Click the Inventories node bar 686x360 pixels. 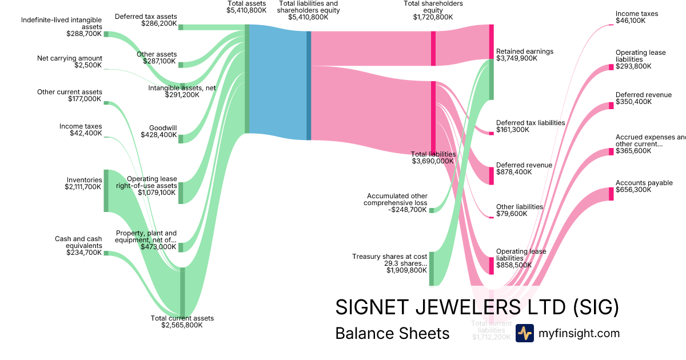pyautogui.click(x=106, y=190)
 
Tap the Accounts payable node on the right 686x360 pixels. pyautogui.click(x=611, y=194)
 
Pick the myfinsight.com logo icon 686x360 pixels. pyautogui.click(x=524, y=333)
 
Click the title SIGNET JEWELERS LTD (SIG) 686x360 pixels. pyautogui.click(x=477, y=307)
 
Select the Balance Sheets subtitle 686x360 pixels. pyautogui.click(x=392, y=333)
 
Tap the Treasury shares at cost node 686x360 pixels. pyautogui.click(x=432, y=268)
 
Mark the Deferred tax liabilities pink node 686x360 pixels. pyautogui.click(x=491, y=133)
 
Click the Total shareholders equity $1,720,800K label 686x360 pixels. pyautogui.click(x=433, y=10)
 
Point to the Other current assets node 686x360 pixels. pyautogui.click(x=106, y=103)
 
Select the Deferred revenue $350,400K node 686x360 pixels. pyautogui.click(x=611, y=106)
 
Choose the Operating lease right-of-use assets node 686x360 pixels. pyautogui.click(x=181, y=193)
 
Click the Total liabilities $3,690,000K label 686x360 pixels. pyautogui.click(x=433, y=158)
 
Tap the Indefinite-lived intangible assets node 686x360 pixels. pyautogui.click(x=106, y=34)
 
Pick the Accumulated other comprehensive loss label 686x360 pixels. pyautogui.click(x=397, y=203)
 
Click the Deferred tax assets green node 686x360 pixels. pyautogui.click(x=181, y=27)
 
